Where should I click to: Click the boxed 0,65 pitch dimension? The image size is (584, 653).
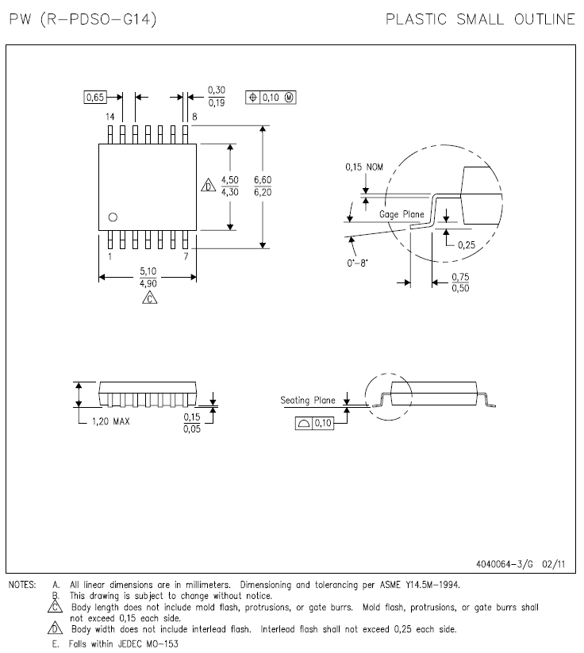pos(95,98)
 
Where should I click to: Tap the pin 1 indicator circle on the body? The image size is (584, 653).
pos(113,217)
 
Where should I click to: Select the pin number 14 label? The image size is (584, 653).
pos(110,117)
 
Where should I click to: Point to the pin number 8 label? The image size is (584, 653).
pos(194,117)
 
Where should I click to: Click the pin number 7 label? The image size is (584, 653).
pos(186,256)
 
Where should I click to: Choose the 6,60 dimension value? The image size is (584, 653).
pos(263,180)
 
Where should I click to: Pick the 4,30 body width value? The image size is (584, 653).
pos(230,192)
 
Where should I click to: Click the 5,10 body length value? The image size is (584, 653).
pos(148,271)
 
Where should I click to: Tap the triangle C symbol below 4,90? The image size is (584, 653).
pos(149,298)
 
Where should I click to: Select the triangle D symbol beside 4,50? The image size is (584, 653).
pos(208,186)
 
